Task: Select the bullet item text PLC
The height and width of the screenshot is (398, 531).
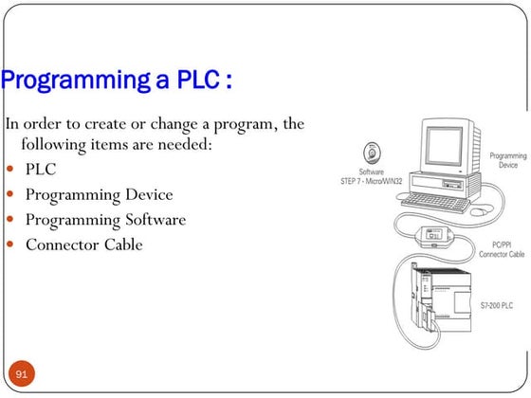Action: tap(41, 170)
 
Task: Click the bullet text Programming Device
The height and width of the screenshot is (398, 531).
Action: tap(99, 194)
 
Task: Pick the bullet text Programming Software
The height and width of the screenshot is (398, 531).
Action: tap(104, 220)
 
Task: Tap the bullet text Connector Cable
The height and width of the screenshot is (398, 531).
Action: tap(83, 244)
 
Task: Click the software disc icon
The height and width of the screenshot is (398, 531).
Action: tap(371, 151)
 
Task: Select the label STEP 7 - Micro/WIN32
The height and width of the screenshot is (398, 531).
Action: tap(372, 180)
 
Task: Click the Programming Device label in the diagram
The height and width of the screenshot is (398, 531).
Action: tap(508, 161)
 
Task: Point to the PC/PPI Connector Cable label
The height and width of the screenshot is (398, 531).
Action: tap(502, 249)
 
